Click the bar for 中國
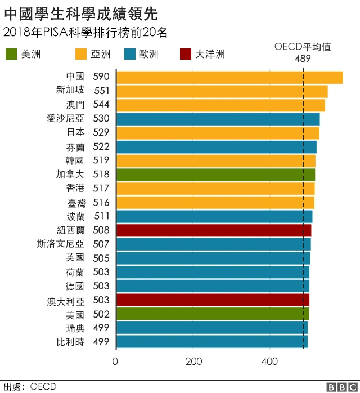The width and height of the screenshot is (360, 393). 229,77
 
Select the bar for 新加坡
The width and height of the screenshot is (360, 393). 222,91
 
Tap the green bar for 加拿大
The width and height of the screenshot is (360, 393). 215,175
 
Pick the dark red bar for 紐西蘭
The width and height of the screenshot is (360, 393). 214,230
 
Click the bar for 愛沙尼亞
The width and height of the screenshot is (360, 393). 218,119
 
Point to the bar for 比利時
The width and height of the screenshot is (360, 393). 211,341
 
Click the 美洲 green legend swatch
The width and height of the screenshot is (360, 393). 11,54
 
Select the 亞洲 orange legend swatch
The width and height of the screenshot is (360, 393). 81,54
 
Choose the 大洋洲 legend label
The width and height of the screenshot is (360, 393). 210,54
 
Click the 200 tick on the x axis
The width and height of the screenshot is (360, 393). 193,361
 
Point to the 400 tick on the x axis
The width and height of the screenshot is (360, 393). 271,361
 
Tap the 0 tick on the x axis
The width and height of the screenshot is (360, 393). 116,361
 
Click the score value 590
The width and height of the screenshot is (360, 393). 101,77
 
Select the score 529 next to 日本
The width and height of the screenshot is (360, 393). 101,132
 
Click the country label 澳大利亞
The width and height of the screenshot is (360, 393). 65,300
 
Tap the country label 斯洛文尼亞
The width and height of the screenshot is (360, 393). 61,244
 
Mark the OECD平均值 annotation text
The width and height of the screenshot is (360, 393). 302,47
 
